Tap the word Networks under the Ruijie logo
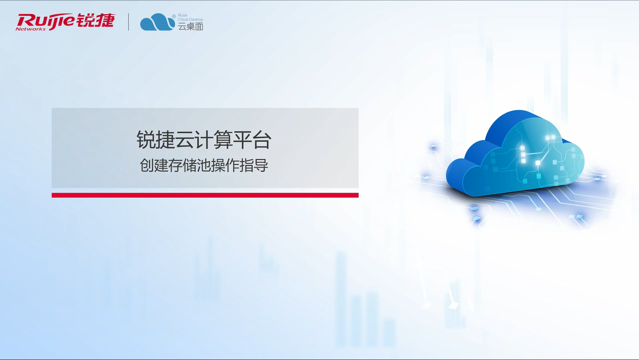[x=31, y=29]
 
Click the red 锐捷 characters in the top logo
[x=96, y=20]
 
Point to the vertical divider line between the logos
[x=128, y=22]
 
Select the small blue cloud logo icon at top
[x=157, y=22]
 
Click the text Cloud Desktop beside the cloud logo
[x=191, y=19]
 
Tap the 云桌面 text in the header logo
[x=191, y=26]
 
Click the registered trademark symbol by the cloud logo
[x=174, y=16]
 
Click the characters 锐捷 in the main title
[x=156, y=140]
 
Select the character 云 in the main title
[x=185, y=140]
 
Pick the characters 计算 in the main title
[x=213, y=140]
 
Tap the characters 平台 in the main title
[x=252, y=140]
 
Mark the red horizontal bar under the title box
[x=205, y=195]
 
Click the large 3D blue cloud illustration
[x=515, y=154]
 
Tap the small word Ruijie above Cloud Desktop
[x=183, y=15]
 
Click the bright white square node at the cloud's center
[x=538, y=163]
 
